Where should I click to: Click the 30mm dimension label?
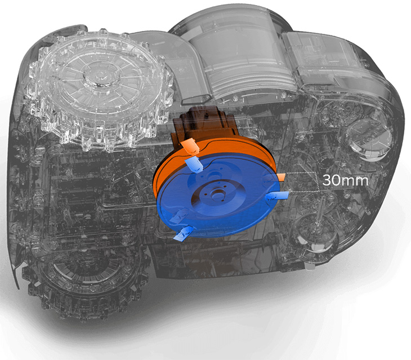[x=345, y=180]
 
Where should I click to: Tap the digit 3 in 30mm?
[x=327, y=180]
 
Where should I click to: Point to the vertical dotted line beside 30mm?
[x=319, y=182]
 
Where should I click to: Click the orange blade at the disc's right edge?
[x=280, y=177]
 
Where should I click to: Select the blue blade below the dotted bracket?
[x=278, y=196]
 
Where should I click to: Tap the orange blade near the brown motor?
[x=190, y=146]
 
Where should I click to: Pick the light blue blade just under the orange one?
[x=194, y=165]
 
